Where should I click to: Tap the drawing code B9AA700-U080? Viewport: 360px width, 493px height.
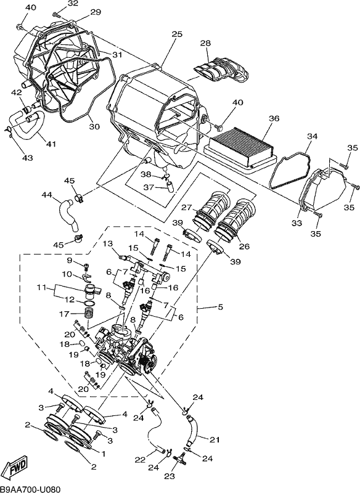tap(30, 489)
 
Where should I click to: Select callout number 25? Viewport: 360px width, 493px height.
tap(177, 34)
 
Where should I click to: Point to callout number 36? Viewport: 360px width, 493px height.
tap(274, 118)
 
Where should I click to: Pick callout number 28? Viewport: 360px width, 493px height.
tap(206, 43)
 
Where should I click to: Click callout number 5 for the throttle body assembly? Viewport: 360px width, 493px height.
tap(220, 306)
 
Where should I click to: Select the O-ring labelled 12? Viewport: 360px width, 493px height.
tap(89, 303)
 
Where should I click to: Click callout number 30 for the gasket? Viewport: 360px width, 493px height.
tap(94, 126)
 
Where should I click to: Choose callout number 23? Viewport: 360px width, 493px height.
tap(170, 476)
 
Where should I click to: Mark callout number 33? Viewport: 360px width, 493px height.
tap(297, 223)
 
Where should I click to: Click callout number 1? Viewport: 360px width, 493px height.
tap(102, 454)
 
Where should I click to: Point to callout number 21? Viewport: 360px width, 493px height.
tap(215, 439)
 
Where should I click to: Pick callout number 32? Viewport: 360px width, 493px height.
tap(73, 4)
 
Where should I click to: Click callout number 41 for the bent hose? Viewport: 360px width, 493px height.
tap(51, 144)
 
